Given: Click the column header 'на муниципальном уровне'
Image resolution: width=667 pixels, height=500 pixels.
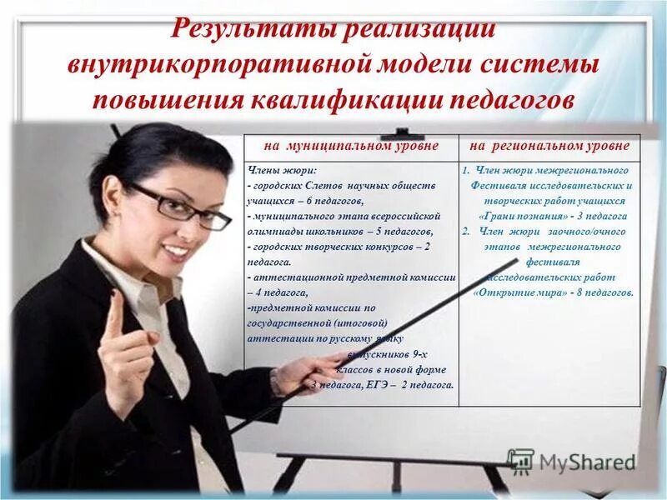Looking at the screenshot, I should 351,146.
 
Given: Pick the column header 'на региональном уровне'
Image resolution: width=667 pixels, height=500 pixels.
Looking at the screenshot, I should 549,146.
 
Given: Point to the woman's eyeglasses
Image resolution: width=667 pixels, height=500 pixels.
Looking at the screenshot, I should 179,205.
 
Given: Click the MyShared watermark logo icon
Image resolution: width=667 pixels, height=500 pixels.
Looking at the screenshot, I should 521,461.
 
